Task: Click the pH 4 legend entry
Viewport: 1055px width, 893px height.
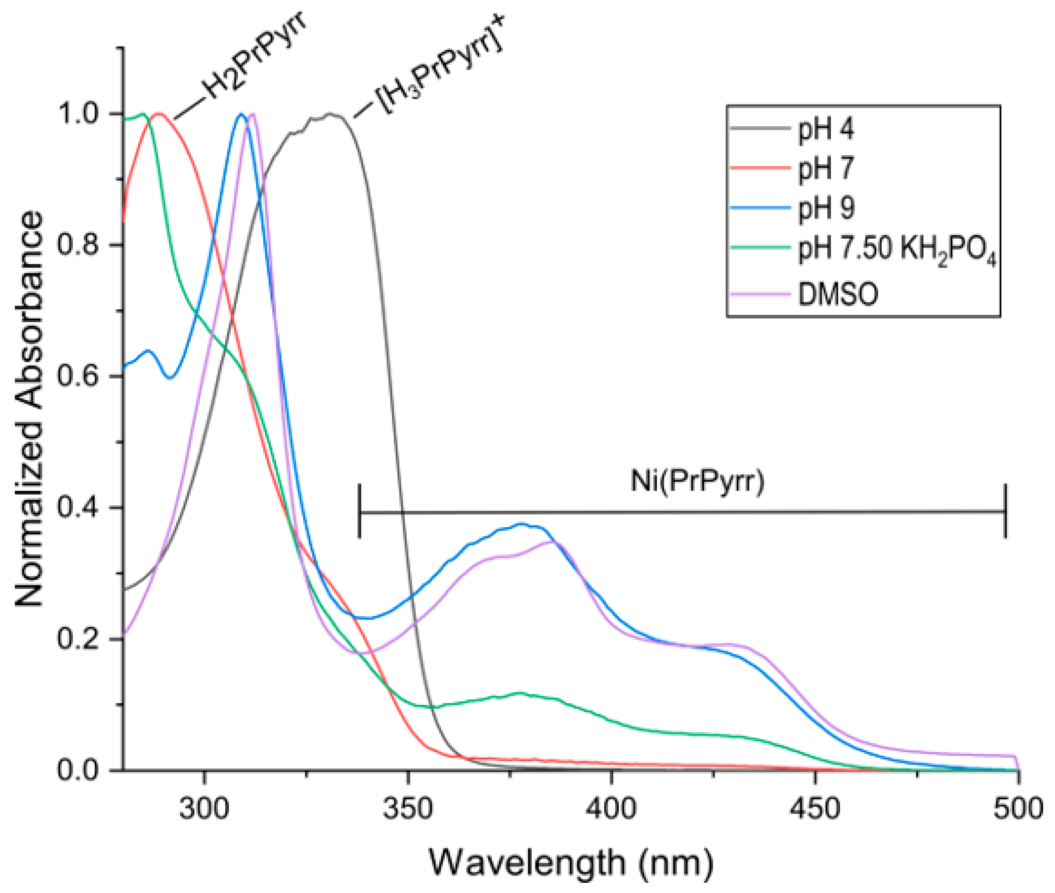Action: [825, 129]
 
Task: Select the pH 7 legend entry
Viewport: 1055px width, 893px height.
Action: [825, 169]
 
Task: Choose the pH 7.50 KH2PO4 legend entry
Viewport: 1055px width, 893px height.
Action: [896, 250]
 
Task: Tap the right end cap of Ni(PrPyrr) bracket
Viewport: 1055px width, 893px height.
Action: [1005, 511]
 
